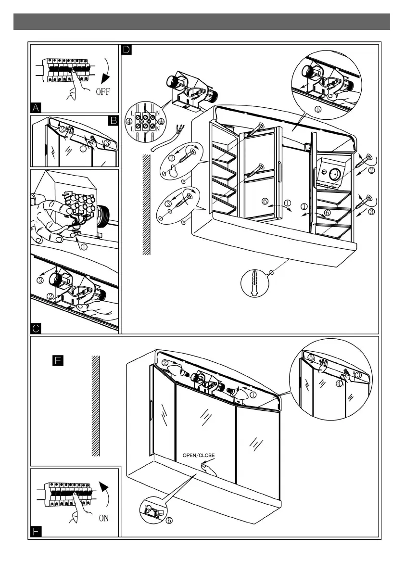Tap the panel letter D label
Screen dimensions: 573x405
pyautogui.click(x=126, y=50)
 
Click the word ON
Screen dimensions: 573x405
pyautogui.click(x=104, y=518)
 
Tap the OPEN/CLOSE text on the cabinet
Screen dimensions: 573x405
pyautogui.click(x=198, y=455)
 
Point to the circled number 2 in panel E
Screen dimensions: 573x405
pyautogui.click(x=165, y=363)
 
